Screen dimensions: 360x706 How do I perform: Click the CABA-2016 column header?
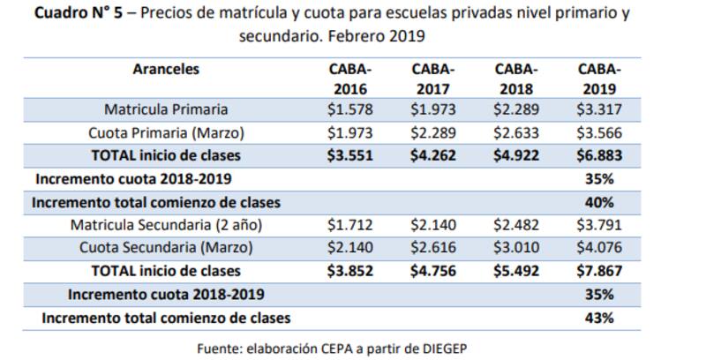click(350, 79)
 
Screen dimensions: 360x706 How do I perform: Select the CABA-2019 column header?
click(599, 79)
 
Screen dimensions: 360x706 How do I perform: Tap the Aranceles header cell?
click(166, 69)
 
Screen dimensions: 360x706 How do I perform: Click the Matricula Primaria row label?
click(166, 110)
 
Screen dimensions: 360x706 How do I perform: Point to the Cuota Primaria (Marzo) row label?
click(166, 133)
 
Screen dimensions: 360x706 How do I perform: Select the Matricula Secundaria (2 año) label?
click(166, 225)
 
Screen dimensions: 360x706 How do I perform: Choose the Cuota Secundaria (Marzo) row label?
click(166, 248)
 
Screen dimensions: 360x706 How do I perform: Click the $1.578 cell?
click(350, 110)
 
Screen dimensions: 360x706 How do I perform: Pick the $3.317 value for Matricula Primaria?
click(599, 110)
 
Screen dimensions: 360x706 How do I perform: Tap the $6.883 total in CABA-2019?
click(599, 156)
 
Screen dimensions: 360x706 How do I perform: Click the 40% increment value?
click(599, 202)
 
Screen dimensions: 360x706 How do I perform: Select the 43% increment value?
click(599, 317)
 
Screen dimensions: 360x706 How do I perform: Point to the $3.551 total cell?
click(350, 156)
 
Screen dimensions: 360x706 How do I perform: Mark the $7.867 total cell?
click(599, 271)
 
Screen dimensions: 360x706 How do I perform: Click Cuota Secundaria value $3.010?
click(516, 248)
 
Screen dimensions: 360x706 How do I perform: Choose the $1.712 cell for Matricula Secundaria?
click(350, 225)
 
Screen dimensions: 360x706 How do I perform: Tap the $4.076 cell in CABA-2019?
click(599, 248)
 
